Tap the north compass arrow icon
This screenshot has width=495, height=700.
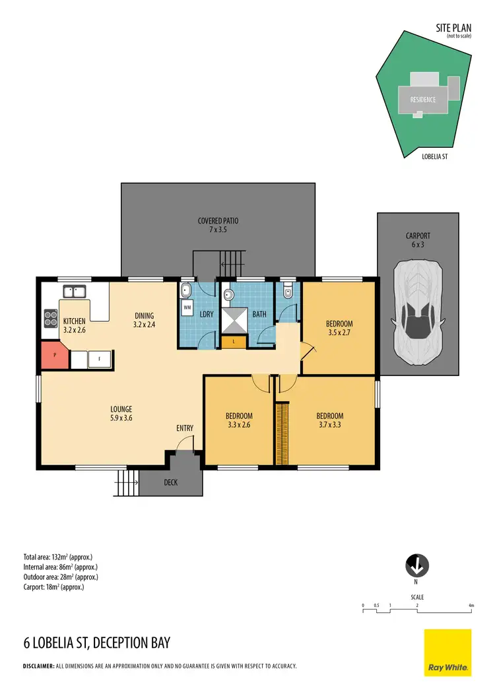pyautogui.click(x=416, y=565)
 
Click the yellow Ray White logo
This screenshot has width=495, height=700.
pyautogui.click(x=447, y=652)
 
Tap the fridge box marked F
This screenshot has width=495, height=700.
pyautogui.click(x=99, y=360)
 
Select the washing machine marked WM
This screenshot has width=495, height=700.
pyautogui.click(x=186, y=307)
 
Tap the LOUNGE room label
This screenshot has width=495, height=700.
pyautogui.click(x=122, y=408)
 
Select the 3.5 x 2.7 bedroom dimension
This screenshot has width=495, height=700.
pyautogui.click(x=339, y=333)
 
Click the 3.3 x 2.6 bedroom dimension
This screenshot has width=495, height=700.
pyautogui.click(x=239, y=426)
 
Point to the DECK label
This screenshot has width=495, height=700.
pyautogui.click(x=171, y=482)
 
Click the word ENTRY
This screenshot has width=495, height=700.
pyautogui.click(x=185, y=428)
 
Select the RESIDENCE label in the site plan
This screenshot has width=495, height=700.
pyautogui.click(x=423, y=100)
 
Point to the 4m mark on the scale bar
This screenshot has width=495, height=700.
pyautogui.click(x=471, y=605)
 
